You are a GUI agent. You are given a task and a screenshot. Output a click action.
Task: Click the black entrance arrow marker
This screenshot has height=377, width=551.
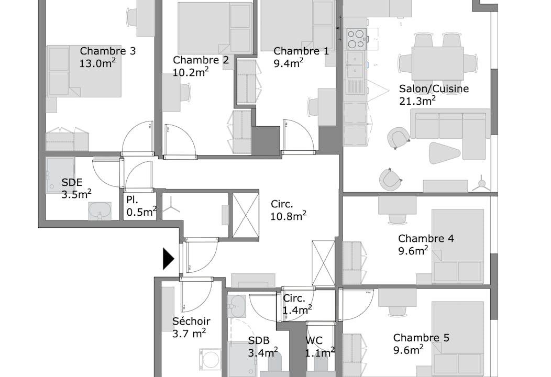click(x=168, y=259)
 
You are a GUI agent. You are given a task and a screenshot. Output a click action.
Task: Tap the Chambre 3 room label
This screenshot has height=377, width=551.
click(x=107, y=51)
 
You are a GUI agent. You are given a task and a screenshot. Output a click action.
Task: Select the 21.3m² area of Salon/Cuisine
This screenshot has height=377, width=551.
click(x=417, y=101)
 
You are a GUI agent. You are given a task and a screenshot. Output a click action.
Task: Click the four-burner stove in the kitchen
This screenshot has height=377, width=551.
click(x=356, y=39)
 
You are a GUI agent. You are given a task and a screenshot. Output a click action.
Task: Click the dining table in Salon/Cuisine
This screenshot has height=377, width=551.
click(x=437, y=63)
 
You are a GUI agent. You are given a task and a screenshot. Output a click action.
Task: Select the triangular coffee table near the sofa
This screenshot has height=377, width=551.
click(x=444, y=153)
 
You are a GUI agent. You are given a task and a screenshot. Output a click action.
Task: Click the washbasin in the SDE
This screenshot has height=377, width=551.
click(x=100, y=211)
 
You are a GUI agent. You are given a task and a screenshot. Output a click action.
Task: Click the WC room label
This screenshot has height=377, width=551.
click(x=314, y=340)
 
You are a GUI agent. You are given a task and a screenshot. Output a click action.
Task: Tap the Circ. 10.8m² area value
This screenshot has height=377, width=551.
click(x=288, y=216)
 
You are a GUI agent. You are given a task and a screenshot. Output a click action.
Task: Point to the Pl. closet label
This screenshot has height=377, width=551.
click(x=132, y=199)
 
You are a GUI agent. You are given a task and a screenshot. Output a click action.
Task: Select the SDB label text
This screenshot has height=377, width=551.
click(x=259, y=340)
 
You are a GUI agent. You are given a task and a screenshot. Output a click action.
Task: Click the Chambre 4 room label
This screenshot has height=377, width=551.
click(x=426, y=239)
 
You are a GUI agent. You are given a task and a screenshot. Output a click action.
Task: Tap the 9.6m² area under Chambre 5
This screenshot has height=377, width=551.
click(x=408, y=350)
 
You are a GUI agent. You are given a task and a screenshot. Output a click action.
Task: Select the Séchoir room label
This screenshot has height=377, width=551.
click(x=191, y=321)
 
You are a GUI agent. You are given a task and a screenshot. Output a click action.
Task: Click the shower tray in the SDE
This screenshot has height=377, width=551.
click(x=60, y=175)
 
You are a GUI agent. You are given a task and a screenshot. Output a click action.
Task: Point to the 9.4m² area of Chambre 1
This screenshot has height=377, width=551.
click(x=289, y=63)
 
